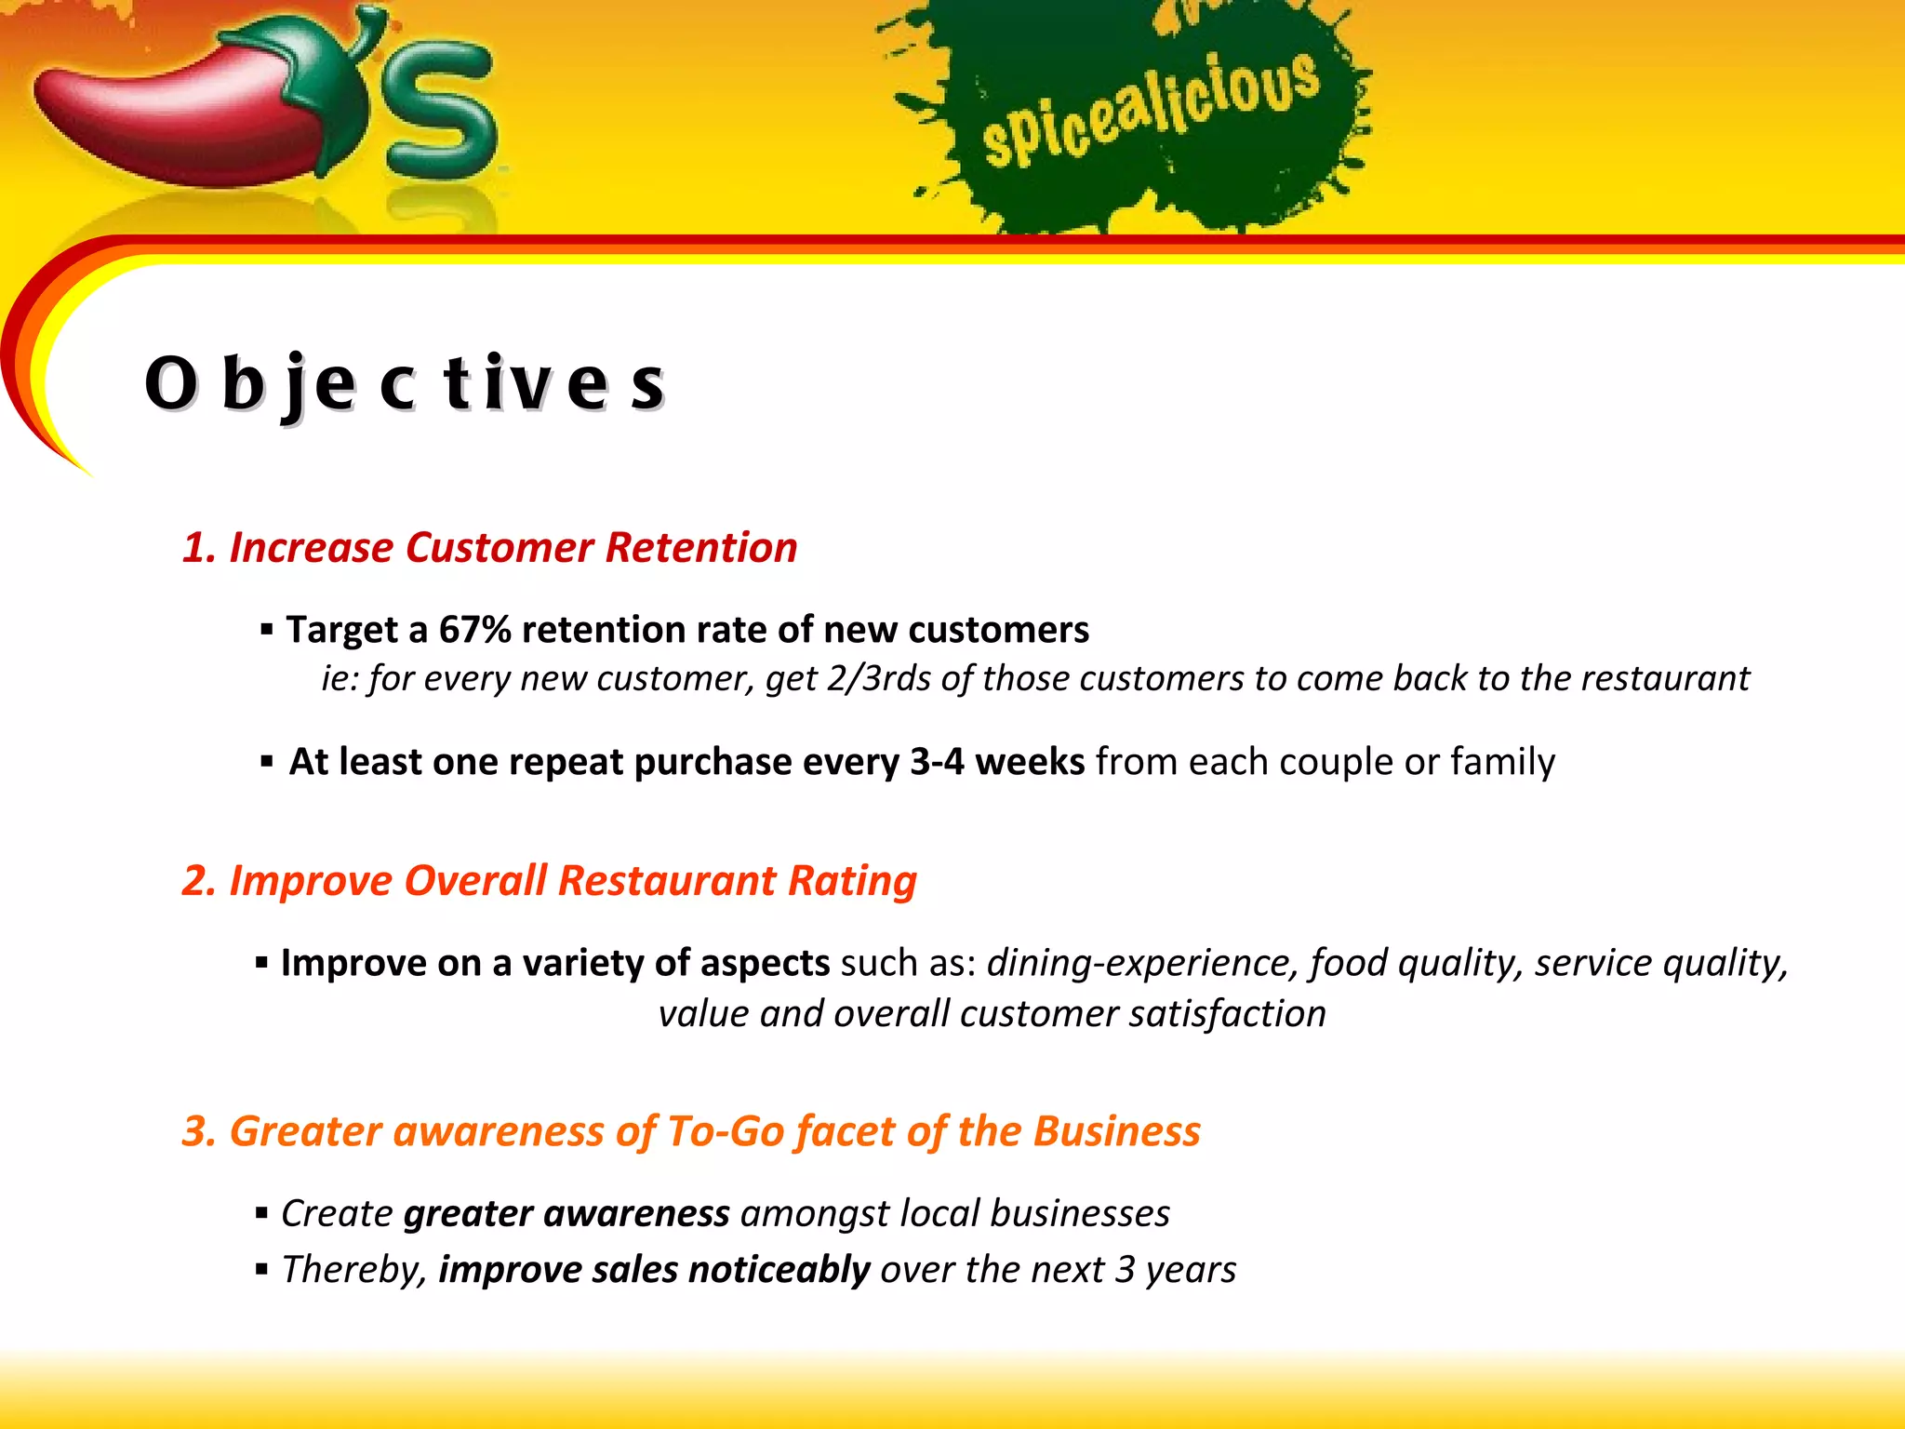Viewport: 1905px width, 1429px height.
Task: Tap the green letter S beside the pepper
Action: click(442, 112)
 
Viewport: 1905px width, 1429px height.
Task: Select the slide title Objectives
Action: click(405, 383)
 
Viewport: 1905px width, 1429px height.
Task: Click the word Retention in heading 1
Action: click(701, 547)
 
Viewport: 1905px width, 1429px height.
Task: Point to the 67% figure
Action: click(475, 630)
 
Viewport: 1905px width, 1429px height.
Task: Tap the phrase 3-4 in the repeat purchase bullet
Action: click(937, 762)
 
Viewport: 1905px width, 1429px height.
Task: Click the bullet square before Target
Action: click(267, 630)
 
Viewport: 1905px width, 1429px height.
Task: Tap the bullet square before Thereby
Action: click(261, 1269)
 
